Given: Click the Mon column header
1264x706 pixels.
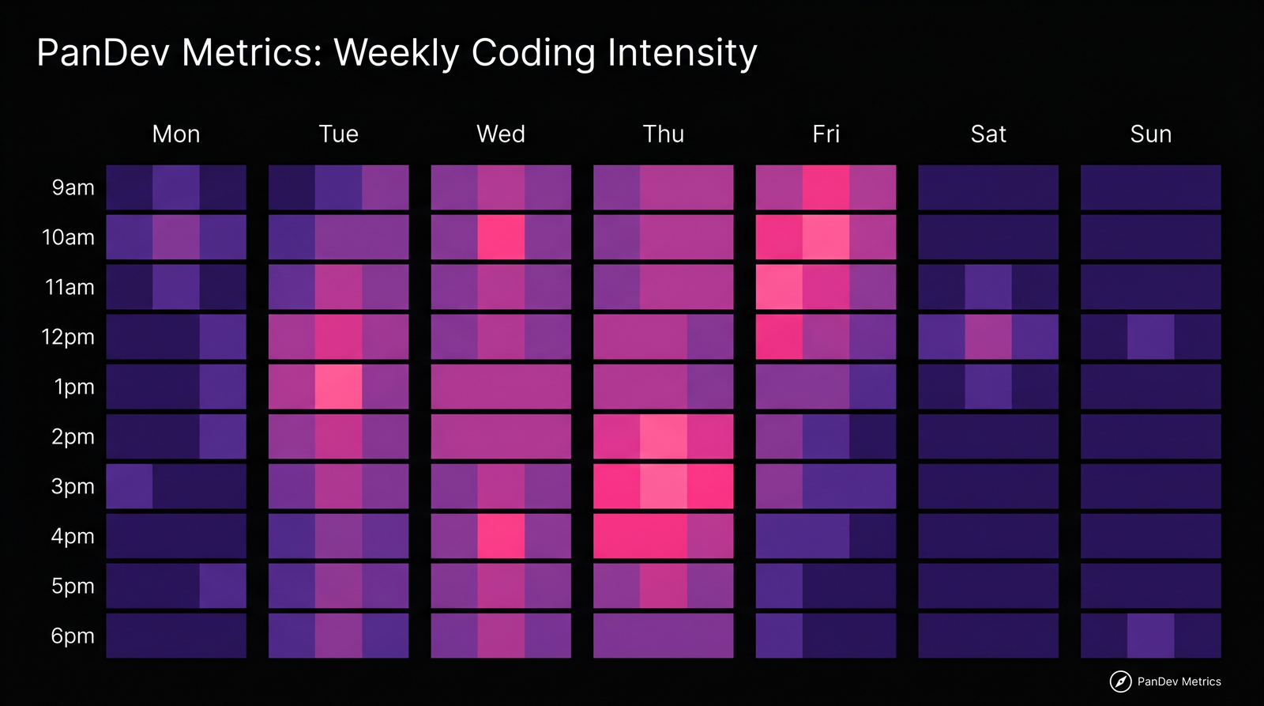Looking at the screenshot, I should pyautogui.click(x=176, y=134).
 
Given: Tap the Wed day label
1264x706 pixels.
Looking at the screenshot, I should pyautogui.click(x=501, y=134).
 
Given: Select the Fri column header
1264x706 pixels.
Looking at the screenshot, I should pyautogui.click(x=826, y=134).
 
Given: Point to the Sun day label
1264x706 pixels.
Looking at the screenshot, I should pyautogui.click(x=1150, y=134).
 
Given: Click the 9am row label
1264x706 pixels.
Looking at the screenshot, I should pyautogui.click(x=73, y=188).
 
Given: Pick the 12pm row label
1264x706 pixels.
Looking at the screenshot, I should pyautogui.click(x=68, y=338).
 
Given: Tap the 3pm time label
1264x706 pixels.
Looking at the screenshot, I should pyautogui.click(x=73, y=487).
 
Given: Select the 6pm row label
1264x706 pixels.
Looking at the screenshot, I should pyautogui.click(x=73, y=636).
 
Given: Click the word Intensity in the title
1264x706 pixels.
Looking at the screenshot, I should pyautogui.click(x=682, y=54).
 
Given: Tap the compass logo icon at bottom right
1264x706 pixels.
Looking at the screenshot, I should pyautogui.click(x=1120, y=681).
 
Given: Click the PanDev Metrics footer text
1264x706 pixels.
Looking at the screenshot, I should pyautogui.click(x=1179, y=681).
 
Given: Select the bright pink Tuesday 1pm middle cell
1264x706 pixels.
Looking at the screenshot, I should pyautogui.click(x=339, y=387).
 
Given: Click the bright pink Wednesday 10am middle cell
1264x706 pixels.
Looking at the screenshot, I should pyautogui.click(x=501, y=237).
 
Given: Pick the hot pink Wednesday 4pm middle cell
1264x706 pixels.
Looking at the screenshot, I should pyautogui.click(x=501, y=536).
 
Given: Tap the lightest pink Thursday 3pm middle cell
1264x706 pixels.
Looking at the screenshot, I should pyautogui.click(x=663, y=486).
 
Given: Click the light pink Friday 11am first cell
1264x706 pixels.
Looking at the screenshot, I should pyautogui.click(x=779, y=287).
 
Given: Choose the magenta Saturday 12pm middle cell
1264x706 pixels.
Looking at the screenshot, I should pyautogui.click(x=988, y=337).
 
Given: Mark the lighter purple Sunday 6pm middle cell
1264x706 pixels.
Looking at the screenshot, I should pyautogui.click(x=1150, y=636).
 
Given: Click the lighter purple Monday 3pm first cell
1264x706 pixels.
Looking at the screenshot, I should pyautogui.click(x=130, y=486).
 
